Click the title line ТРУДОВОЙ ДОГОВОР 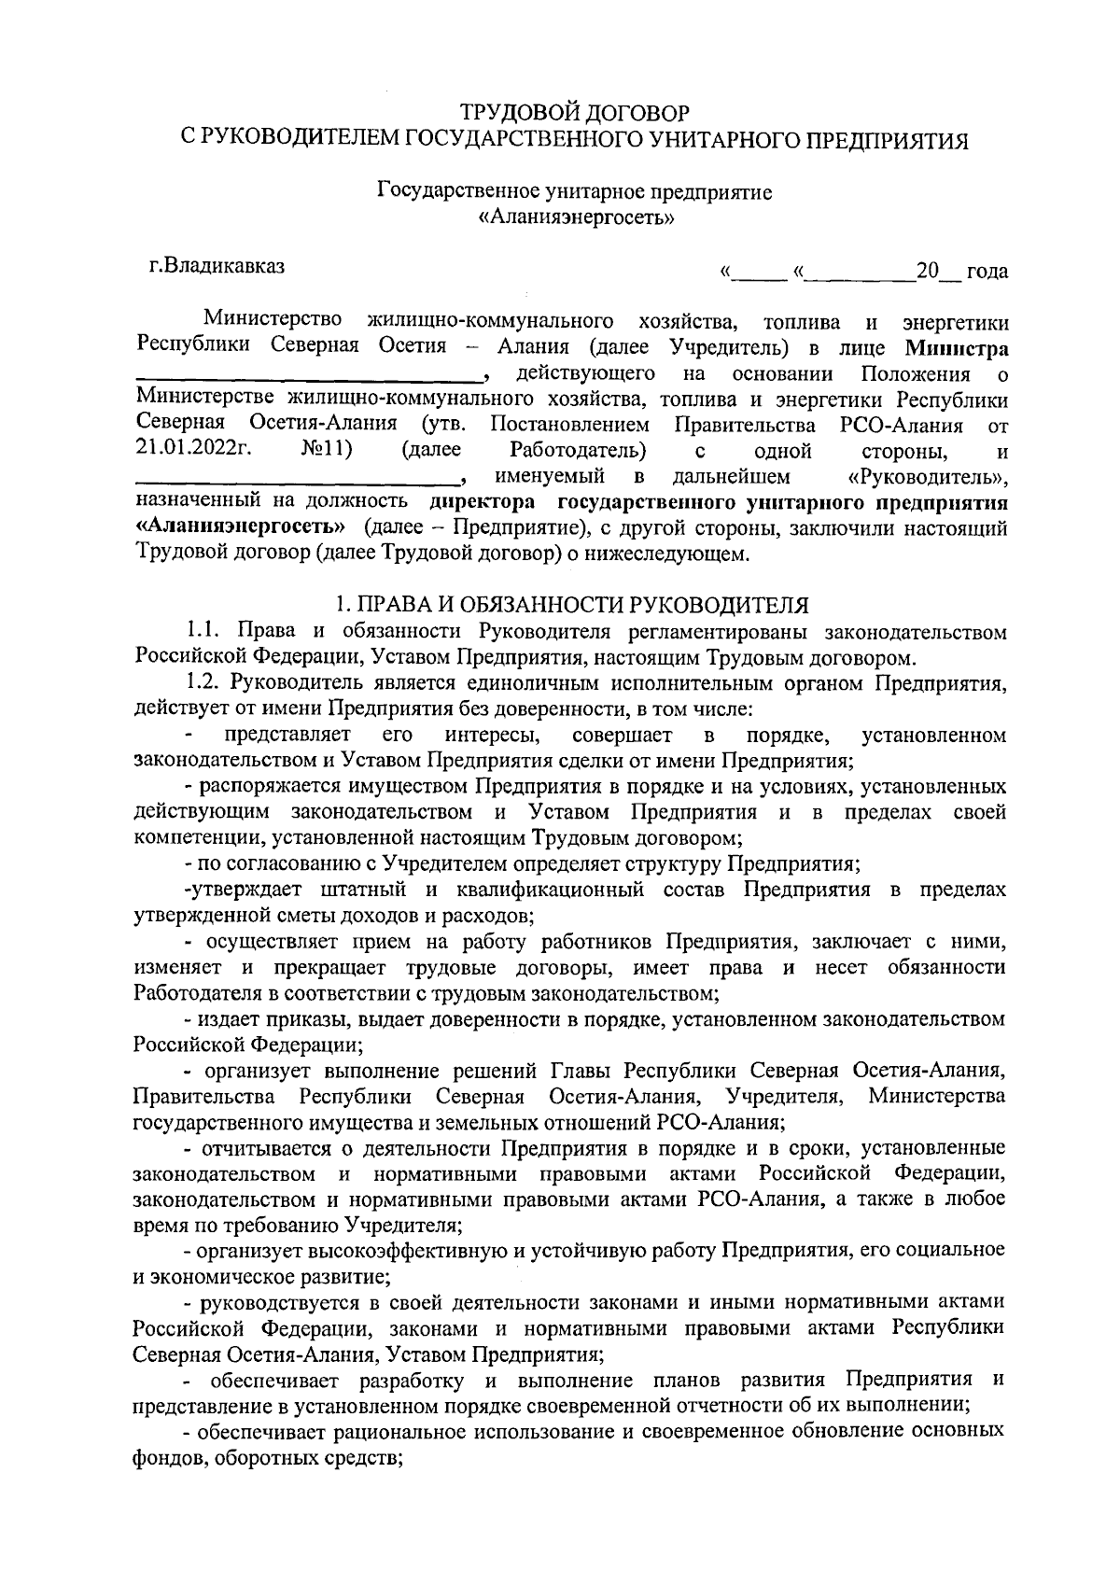pos(574,114)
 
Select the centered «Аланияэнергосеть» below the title pos(575,218)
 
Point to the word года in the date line pos(987,272)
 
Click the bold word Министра pos(956,349)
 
